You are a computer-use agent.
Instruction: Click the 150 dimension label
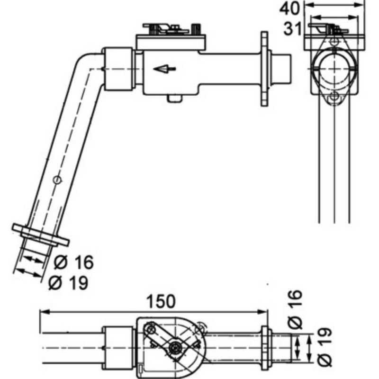tap(161, 301)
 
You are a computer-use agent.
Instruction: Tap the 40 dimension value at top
tap(289, 9)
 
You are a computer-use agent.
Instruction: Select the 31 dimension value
tap(292, 29)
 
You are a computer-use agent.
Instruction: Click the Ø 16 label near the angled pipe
tap(73, 262)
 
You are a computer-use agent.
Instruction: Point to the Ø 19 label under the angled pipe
tap(68, 282)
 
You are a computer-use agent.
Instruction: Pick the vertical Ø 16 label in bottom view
tap(295, 310)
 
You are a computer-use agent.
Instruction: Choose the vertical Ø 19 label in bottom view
tap(325, 347)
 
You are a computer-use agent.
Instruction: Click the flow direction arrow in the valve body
tap(164, 69)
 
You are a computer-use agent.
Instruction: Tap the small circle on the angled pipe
tap(57, 180)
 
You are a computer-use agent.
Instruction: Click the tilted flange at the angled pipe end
tap(41, 235)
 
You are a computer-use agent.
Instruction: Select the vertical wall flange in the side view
tap(264, 69)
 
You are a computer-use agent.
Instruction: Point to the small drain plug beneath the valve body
tap(174, 98)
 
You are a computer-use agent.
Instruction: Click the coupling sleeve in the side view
tap(118, 69)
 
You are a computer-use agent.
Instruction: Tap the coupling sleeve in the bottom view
tap(117, 348)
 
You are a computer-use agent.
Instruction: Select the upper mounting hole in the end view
tap(334, 41)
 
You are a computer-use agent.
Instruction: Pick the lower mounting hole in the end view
tap(334, 97)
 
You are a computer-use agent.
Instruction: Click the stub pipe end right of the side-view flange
tap(281, 69)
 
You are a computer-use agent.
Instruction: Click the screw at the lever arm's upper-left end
tap(151, 328)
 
